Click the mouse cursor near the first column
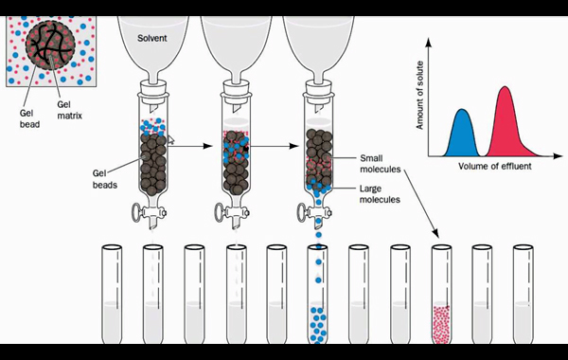coord(171,139)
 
